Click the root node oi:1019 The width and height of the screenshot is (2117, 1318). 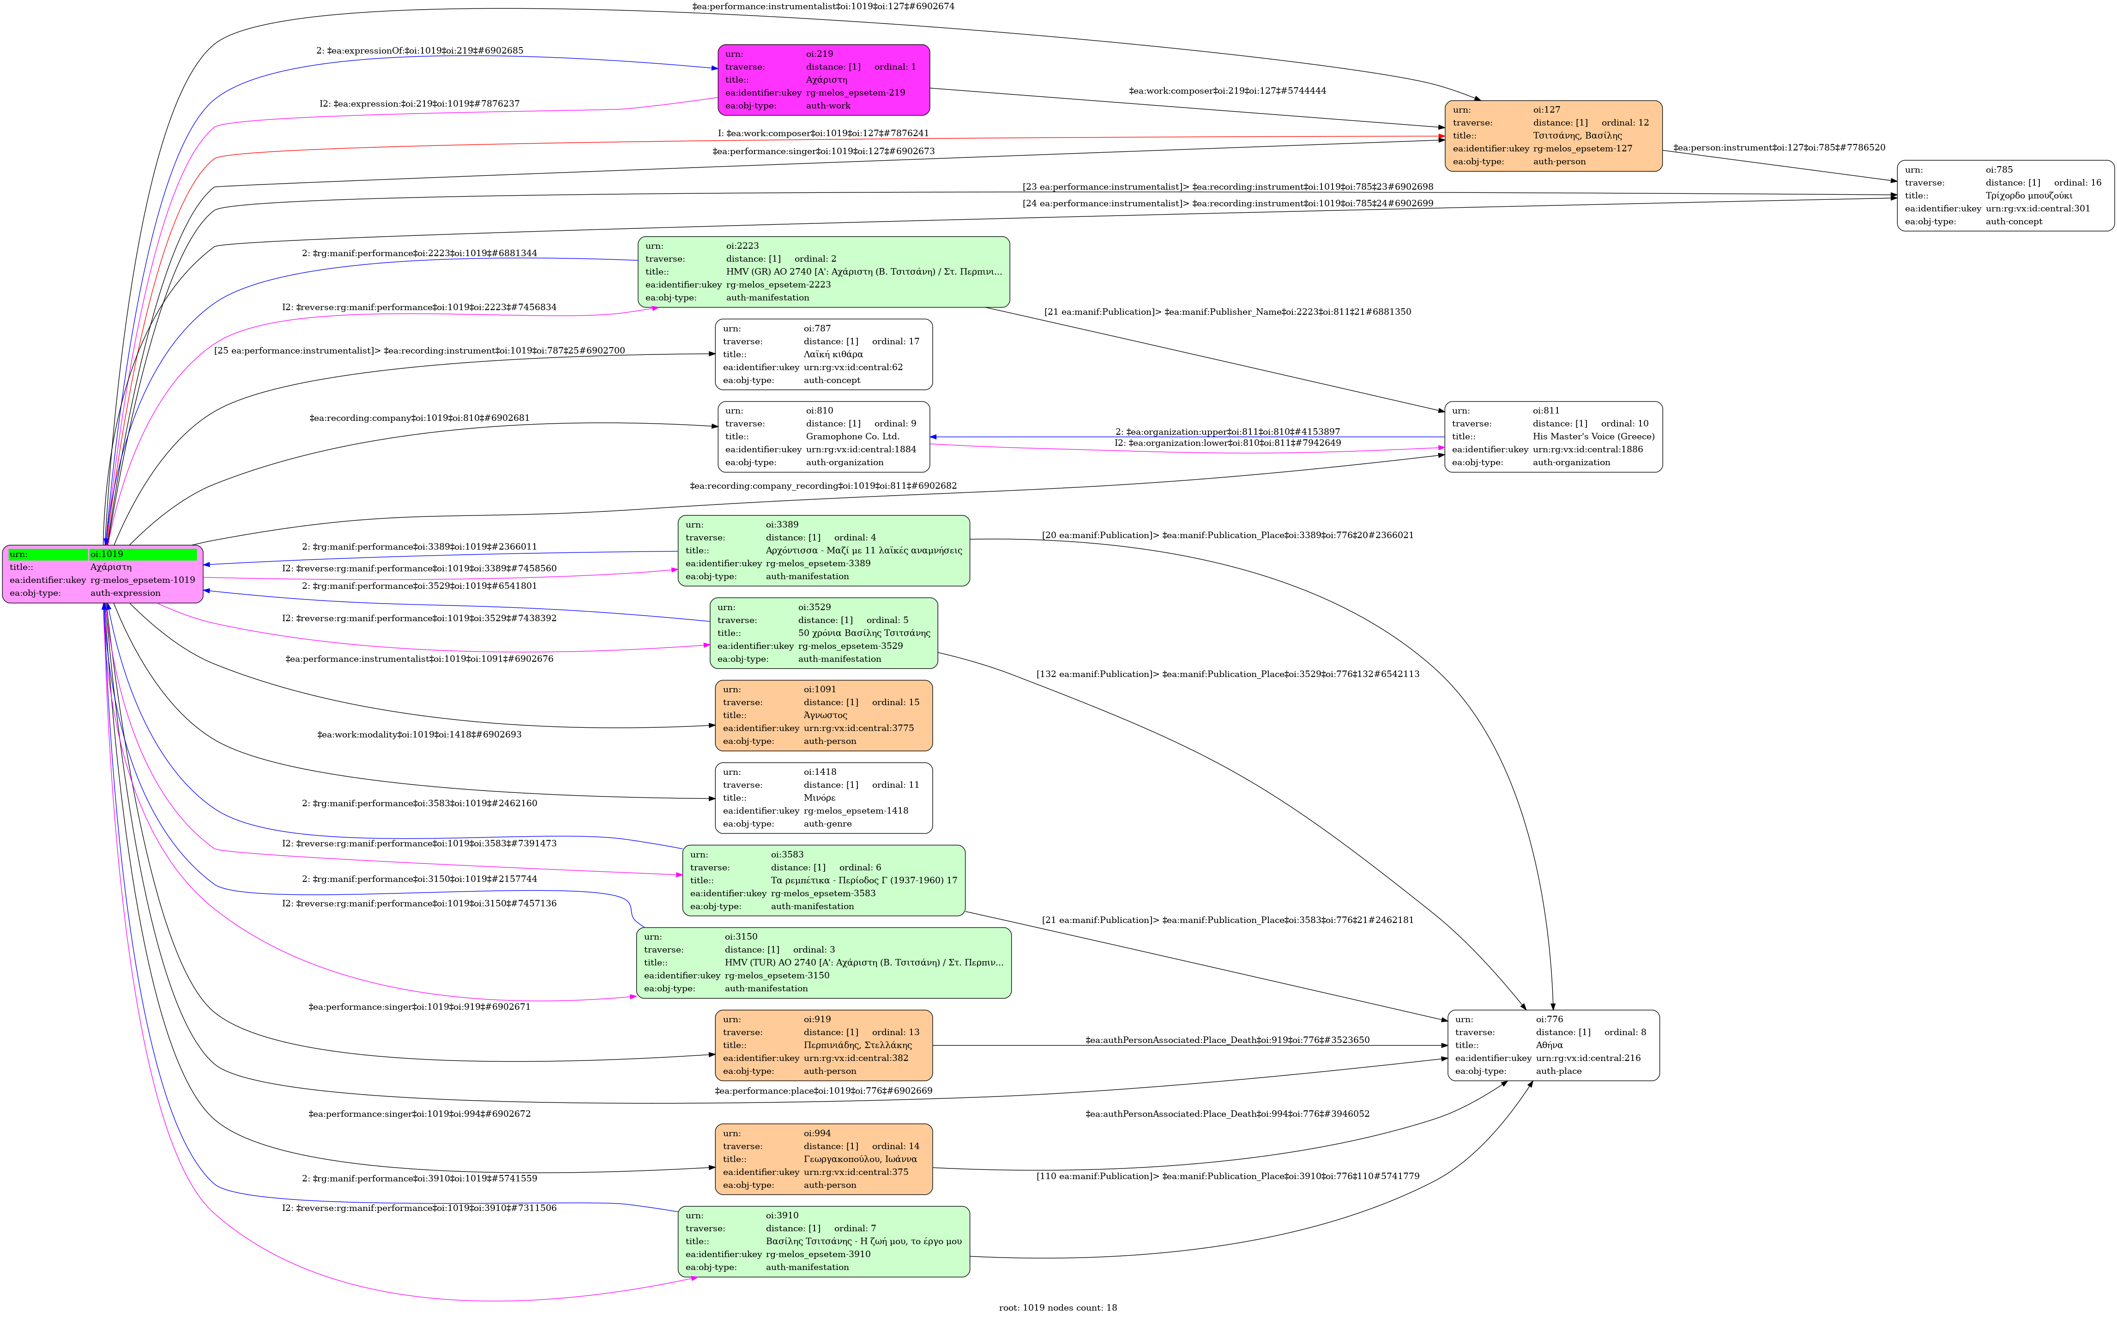pos(102,574)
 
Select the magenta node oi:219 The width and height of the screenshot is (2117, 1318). pos(823,80)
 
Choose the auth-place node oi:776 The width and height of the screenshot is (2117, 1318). pos(1553,1045)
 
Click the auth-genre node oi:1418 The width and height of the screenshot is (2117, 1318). pos(823,797)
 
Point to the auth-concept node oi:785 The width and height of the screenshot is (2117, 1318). pos(2004,195)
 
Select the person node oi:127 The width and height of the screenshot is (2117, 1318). pos(1553,136)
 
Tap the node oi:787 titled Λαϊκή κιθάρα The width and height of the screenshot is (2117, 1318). pos(823,354)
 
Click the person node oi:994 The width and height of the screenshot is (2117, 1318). pos(823,1158)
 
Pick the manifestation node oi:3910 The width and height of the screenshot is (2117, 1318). pos(823,1241)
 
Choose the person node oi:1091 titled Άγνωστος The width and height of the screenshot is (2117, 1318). pos(823,715)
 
